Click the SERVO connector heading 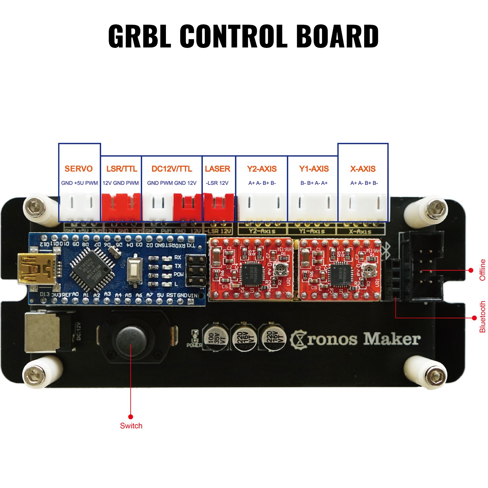(78, 169)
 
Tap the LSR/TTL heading (121, 169)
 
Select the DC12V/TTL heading (172, 169)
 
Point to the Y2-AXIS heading (262, 169)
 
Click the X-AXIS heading (363, 169)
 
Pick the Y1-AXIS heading (314, 169)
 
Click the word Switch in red (131, 426)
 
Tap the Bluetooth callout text (482, 317)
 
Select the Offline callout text (482, 270)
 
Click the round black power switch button (131, 339)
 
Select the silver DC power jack (43, 332)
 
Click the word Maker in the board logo (392, 339)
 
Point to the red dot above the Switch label (131, 417)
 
